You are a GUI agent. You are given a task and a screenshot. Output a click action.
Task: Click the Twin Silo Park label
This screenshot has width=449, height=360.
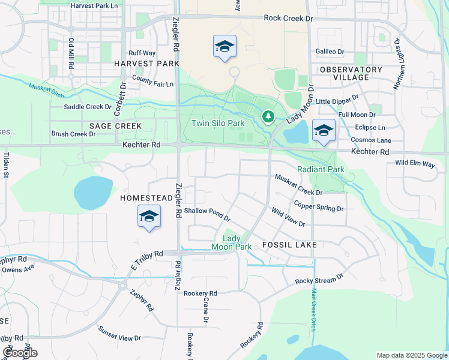click(218, 123)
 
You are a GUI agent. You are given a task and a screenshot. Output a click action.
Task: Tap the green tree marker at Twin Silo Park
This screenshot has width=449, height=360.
click(268, 116)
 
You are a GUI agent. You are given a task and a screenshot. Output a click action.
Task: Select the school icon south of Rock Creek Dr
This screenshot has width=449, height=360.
click(224, 46)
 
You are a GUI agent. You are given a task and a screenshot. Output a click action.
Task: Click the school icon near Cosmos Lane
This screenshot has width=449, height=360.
click(324, 130)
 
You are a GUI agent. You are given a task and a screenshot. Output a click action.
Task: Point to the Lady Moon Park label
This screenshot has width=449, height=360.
click(231, 242)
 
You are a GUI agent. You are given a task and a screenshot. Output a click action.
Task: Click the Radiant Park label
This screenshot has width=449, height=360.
click(321, 169)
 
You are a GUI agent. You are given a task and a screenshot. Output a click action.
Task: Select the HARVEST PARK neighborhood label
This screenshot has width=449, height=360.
click(146, 63)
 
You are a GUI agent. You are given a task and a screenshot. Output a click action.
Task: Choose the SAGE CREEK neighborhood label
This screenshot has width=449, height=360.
click(115, 126)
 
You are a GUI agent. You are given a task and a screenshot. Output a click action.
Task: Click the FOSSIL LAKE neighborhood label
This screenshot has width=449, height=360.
click(289, 245)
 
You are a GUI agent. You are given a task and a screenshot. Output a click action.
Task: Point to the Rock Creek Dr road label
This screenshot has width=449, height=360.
click(289, 19)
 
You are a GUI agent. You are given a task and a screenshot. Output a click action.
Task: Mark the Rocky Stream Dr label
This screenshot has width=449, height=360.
click(319, 279)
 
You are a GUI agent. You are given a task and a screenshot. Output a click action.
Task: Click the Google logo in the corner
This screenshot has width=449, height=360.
click(20, 353)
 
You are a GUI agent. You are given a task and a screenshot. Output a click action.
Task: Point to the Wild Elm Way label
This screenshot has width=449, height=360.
click(415, 163)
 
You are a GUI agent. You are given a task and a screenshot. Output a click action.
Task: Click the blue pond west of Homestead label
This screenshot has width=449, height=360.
click(93, 193)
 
